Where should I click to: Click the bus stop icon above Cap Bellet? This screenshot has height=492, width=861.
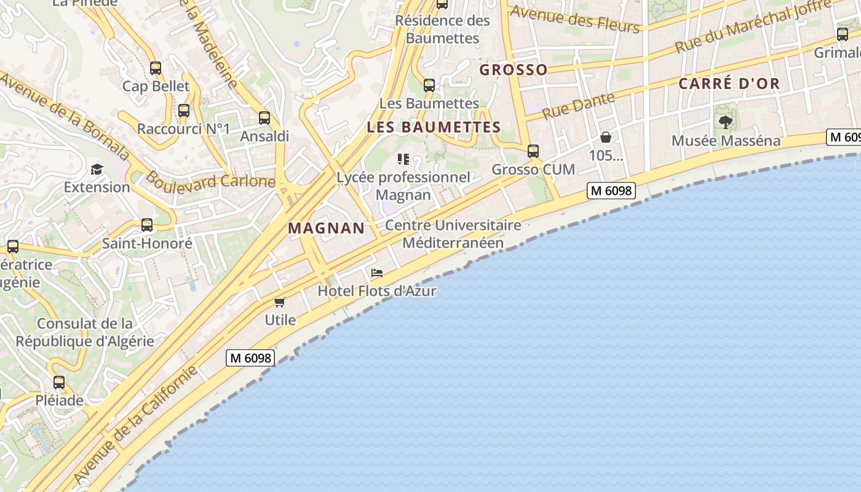(x=156, y=68)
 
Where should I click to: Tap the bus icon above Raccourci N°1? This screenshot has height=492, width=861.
(x=184, y=111)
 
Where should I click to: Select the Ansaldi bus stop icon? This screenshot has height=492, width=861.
(x=264, y=118)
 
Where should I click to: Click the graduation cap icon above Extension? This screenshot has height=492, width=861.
(x=97, y=169)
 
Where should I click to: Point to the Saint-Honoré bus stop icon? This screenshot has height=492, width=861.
(x=146, y=225)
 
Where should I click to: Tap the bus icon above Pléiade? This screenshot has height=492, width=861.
(x=59, y=383)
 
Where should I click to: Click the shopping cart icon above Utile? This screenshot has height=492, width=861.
(x=280, y=302)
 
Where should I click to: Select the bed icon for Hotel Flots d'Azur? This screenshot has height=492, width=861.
(x=377, y=273)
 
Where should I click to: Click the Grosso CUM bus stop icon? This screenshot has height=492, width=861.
(x=533, y=151)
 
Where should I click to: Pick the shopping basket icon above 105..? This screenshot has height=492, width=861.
(x=606, y=137)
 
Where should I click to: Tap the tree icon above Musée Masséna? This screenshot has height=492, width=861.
(x=726, y=122)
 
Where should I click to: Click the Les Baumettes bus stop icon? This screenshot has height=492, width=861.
(x=429, y=85)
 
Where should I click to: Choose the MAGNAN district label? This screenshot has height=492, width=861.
(x=327, y=228)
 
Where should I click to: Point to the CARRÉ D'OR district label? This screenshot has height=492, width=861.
(x=729, y=84)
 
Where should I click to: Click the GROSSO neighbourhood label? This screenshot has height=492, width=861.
(x=514, y=70)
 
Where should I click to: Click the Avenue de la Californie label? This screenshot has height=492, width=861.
(x=137, y=424)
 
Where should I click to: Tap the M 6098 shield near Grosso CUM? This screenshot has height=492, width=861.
(x=611, y=191)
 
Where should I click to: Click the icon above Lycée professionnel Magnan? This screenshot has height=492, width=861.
(x=403, y=160)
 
